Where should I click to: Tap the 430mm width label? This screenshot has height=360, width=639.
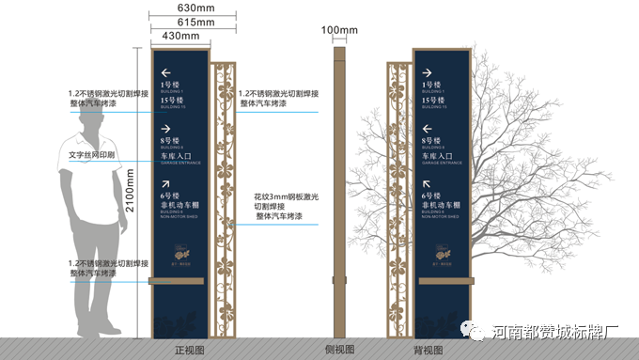tap(181, 36)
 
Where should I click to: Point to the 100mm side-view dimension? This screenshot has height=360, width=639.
tap(339, 30)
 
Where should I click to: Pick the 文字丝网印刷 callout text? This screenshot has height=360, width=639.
tap(91, 154)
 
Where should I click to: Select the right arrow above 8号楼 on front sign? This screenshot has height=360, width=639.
tap(166, 129)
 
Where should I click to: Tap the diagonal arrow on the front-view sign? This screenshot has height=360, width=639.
tap(166, 184)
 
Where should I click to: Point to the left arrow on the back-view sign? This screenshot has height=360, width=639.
tap(428, 129)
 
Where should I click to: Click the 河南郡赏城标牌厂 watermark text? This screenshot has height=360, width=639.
tap(554, 331)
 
